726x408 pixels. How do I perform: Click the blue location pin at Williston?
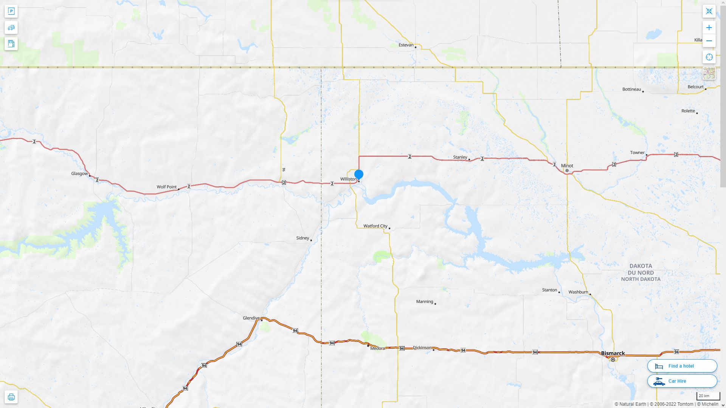359,175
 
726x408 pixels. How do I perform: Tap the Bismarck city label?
613,354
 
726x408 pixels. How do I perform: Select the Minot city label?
567,166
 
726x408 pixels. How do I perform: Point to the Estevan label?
406,45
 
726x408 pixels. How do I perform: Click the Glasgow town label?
79,174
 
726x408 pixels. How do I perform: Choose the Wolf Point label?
167,187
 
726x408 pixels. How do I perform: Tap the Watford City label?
375,226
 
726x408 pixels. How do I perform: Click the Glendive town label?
251,318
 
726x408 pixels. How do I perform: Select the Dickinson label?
422,348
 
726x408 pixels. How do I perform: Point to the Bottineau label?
631,90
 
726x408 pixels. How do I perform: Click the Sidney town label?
302,238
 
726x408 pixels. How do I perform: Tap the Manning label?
425,301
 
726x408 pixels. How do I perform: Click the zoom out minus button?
709,41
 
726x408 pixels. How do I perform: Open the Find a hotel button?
682,366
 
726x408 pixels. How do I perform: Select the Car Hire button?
682,381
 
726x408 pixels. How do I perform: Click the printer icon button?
11,397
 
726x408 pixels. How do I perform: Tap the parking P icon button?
11,11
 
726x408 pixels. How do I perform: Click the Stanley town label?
460,157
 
